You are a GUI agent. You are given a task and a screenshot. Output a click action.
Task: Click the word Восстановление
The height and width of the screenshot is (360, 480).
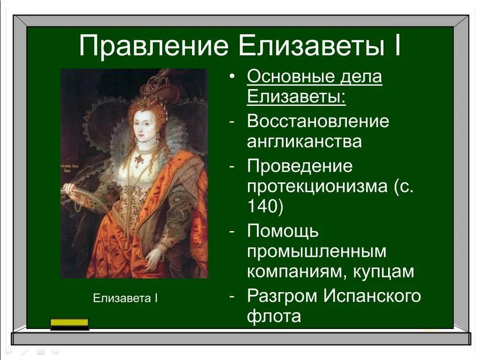point(318,121)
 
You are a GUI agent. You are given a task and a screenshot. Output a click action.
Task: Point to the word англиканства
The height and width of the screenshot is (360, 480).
point(304,141)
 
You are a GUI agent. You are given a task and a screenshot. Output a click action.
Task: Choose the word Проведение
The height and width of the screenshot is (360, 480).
point(300,166)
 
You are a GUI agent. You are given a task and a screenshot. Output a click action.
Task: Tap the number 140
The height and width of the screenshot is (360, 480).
point(265,207)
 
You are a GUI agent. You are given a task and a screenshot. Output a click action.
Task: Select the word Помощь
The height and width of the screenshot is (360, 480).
point(283,231)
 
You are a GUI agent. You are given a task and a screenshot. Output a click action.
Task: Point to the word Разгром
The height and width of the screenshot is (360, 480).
point(281,296)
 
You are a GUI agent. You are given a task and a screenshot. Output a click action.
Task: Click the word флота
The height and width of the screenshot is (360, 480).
point(274,316)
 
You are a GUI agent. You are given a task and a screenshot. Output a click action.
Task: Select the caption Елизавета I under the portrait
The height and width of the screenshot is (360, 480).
point(125,298)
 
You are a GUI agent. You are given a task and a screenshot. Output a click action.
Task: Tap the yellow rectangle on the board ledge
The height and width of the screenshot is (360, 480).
point(69,322)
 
